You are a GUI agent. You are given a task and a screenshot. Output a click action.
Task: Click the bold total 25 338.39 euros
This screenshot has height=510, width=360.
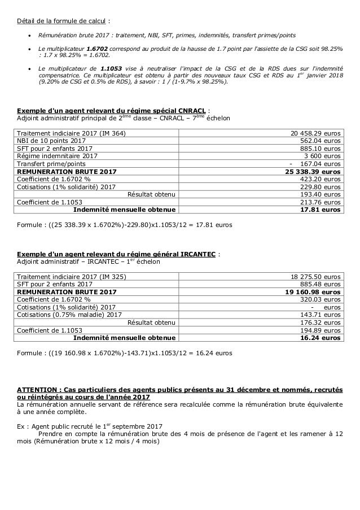tap(313, 170)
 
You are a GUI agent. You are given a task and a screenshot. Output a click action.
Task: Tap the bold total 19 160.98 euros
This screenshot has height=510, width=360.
tap(313, 291)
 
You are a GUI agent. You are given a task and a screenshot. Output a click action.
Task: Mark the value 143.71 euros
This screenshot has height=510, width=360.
tap(322, 313)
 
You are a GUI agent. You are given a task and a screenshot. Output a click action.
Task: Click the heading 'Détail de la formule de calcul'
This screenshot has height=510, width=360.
tap(54, 7)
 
